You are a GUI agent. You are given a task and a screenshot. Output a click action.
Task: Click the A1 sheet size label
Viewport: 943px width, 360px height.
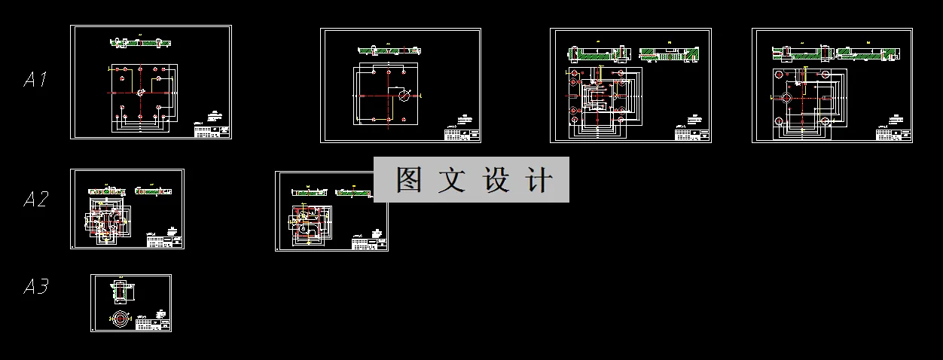point(35,79)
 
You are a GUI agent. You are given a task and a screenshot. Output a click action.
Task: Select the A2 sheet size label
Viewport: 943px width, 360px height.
point(35,200)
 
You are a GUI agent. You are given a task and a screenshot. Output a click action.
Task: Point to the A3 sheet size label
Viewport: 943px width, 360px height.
point(35,287)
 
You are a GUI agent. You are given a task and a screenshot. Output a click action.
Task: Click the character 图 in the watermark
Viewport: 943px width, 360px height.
point(410,180)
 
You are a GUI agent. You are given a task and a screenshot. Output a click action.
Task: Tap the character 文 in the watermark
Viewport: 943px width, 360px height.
point(455,180)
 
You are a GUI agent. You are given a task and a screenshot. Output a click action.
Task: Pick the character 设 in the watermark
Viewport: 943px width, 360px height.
point(497,180)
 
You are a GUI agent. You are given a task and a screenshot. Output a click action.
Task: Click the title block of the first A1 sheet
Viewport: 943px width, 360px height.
point(212,131)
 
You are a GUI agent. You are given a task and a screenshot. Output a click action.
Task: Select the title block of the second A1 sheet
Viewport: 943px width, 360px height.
point(462,134)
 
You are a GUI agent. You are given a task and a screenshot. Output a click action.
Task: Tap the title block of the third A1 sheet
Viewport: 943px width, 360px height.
point(692,134)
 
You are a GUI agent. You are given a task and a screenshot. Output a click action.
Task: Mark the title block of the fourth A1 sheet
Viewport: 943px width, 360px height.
point(893,135)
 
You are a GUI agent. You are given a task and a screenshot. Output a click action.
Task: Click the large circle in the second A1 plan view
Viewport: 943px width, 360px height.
point(405,96)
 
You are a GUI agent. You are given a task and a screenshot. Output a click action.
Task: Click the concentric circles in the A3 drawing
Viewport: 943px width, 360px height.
point(121,319)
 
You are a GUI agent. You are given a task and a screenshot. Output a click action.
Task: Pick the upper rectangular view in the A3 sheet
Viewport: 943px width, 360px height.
point(121,291)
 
